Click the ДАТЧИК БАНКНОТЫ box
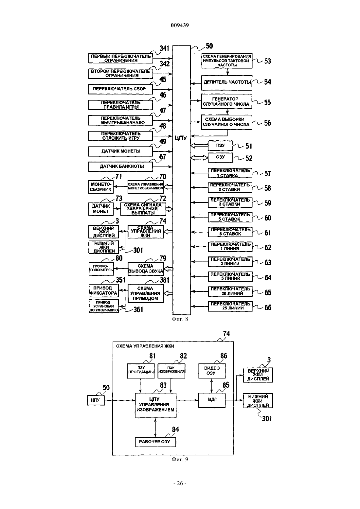[120, 167]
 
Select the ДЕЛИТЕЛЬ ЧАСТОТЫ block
[227, 83]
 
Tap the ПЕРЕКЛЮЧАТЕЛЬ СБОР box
[120, 89]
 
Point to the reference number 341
[164, 48]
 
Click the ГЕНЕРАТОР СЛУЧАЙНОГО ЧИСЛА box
[226, 101]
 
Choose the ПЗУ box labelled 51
[220, 146]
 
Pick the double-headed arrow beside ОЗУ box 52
[199, 157]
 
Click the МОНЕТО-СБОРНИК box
[101, 187]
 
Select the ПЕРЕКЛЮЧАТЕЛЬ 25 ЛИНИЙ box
[230, 306]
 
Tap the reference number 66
[268, 307]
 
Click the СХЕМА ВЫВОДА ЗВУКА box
[146, 269]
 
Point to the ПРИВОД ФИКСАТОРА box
[104, 290]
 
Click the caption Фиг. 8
[180, 319]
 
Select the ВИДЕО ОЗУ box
[212, 371]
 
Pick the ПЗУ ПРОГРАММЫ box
[141, 371]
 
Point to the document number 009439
[180, 25]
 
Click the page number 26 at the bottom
[180, 483]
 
